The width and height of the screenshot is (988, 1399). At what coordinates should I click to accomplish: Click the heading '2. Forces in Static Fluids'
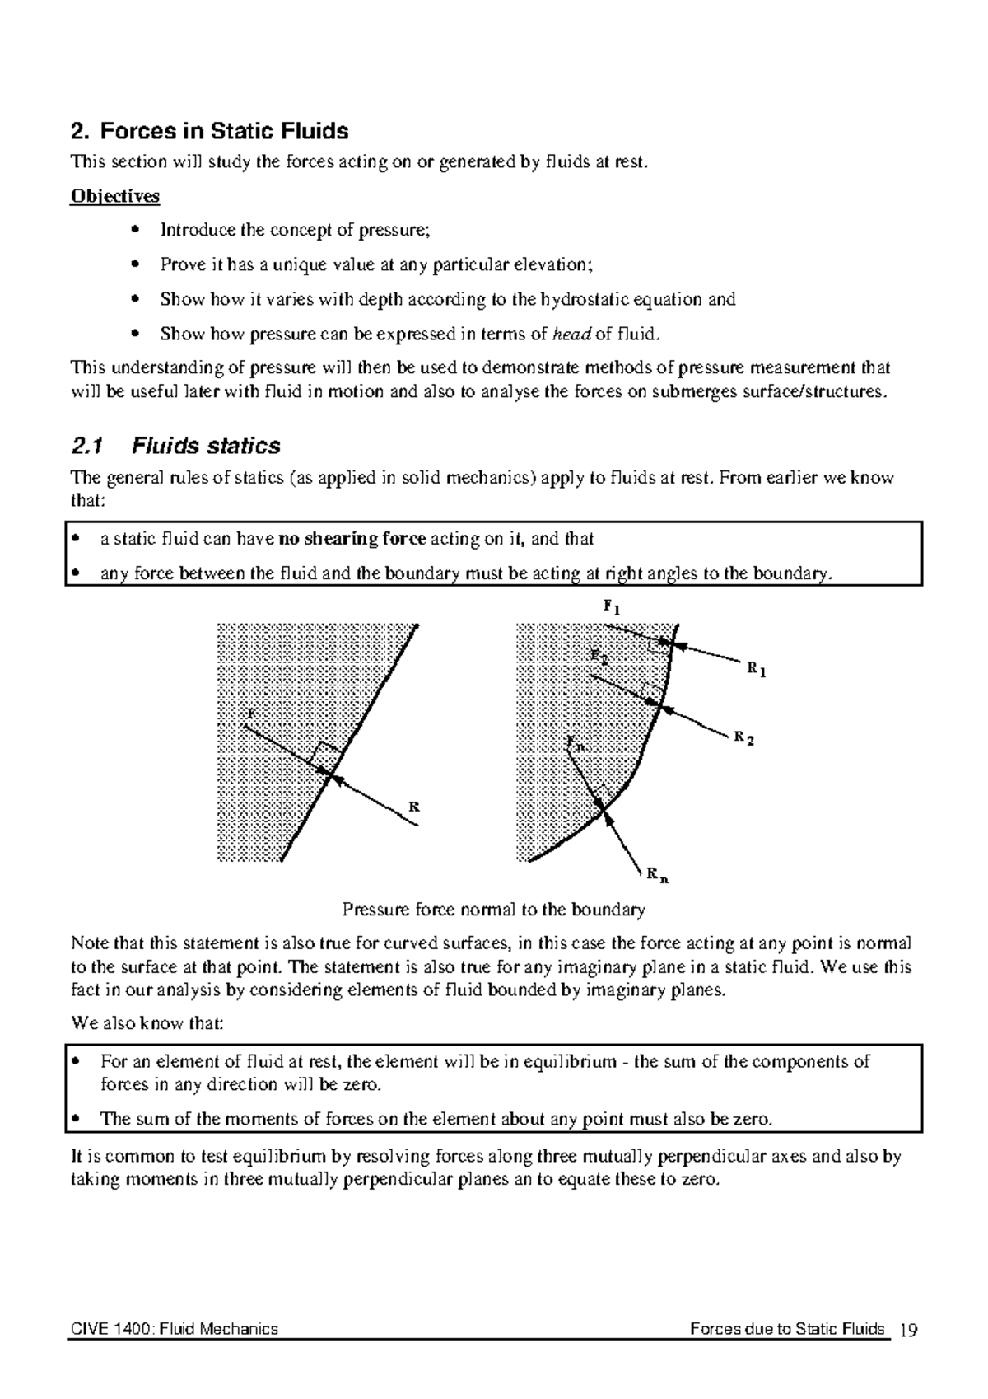pos(210,131)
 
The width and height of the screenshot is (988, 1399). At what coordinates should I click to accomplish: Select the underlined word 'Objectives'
pos(115,196)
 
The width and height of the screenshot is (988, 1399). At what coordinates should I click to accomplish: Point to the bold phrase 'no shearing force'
pos(352,540)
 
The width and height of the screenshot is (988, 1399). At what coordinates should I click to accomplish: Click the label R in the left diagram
pos(414,807)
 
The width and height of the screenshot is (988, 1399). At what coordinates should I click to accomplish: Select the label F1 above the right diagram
pos(611,608)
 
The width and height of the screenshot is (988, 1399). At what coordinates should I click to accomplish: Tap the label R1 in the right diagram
pos(756,670)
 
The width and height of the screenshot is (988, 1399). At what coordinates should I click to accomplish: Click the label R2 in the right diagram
pos(743,737)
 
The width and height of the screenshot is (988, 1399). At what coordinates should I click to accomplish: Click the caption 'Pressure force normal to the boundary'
pos(493,910)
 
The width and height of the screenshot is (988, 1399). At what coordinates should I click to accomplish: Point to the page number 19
pos(909,1329)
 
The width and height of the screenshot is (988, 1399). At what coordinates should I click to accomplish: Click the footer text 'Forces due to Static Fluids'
pos(787,1329)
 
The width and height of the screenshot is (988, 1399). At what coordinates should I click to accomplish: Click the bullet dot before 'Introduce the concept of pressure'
pos(135,230)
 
